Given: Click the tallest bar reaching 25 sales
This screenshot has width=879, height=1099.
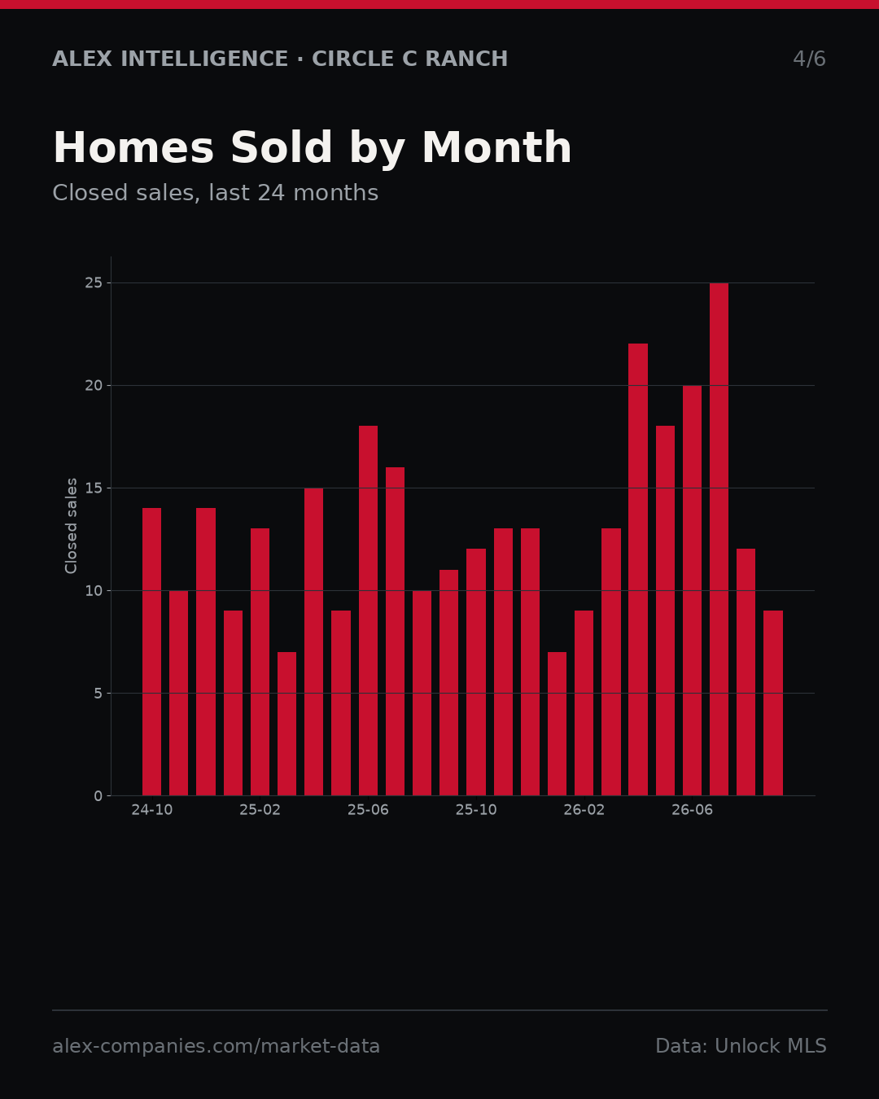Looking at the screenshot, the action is point(719,539).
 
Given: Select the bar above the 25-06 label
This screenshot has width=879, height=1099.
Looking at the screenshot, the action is point(368,611).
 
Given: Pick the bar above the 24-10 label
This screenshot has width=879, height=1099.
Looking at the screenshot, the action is point(151,651).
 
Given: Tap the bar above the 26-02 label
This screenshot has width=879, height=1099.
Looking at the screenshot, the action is point(584,703).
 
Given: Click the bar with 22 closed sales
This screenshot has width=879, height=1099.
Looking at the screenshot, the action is point(638,569).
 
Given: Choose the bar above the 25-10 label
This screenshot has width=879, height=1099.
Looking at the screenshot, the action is point(476,672).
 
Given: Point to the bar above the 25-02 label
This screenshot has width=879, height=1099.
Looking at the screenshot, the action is point(260,662).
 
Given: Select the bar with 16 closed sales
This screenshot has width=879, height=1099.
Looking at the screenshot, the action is point(395,631).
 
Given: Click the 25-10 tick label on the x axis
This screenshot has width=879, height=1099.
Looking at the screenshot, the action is point(476,810).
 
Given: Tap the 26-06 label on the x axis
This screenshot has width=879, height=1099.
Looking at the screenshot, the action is point(692,810).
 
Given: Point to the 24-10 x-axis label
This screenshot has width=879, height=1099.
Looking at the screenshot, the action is point(151,810).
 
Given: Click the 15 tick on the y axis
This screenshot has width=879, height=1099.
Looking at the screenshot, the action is point(94,488).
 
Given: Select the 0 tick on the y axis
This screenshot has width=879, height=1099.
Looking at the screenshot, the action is point(98,796).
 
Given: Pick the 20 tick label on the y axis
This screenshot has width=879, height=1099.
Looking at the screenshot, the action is point(94,386).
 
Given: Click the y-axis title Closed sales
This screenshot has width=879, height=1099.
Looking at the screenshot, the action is point(71,526).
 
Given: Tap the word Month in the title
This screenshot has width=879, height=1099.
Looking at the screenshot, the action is point(496,147).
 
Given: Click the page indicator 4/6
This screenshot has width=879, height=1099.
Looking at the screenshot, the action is point(809,59).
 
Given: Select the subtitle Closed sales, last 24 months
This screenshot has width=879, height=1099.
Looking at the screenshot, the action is point(215,193).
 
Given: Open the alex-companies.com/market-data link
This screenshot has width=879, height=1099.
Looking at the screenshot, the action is point(216,1046).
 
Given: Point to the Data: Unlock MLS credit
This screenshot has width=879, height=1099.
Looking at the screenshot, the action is point(741,1046).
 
